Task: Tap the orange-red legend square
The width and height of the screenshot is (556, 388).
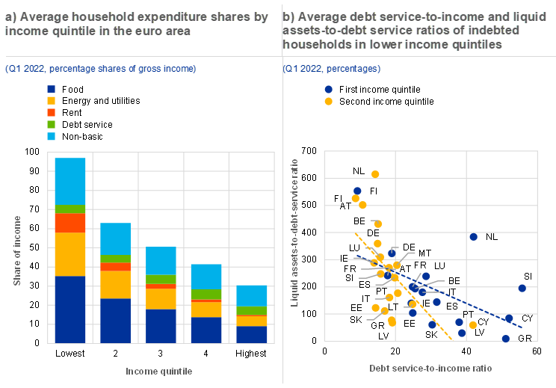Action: coord(51,112)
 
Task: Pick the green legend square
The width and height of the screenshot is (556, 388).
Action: coord(51,124)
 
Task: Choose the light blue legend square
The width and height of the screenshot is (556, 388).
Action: coord(51,136)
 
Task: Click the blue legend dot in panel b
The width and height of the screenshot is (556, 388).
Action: coord(328,89)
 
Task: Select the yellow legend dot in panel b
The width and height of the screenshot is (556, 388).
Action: coord(328,101)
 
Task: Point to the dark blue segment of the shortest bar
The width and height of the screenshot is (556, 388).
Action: coord(252,334)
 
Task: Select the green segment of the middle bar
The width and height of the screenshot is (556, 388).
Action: coord(161,279)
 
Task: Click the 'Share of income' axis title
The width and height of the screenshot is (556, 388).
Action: coord(18,250)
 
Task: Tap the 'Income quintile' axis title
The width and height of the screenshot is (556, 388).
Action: coord(159,371)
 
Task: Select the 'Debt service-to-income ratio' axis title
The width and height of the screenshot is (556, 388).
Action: coord(431,369)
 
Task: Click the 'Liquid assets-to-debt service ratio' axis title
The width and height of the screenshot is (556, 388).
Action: coord(294,232)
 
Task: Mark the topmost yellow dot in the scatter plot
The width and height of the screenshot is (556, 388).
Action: coord(375,174)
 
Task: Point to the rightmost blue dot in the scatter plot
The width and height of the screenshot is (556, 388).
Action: coord(522,288)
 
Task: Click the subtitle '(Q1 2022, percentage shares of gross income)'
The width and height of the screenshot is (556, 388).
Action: coord(100,69)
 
